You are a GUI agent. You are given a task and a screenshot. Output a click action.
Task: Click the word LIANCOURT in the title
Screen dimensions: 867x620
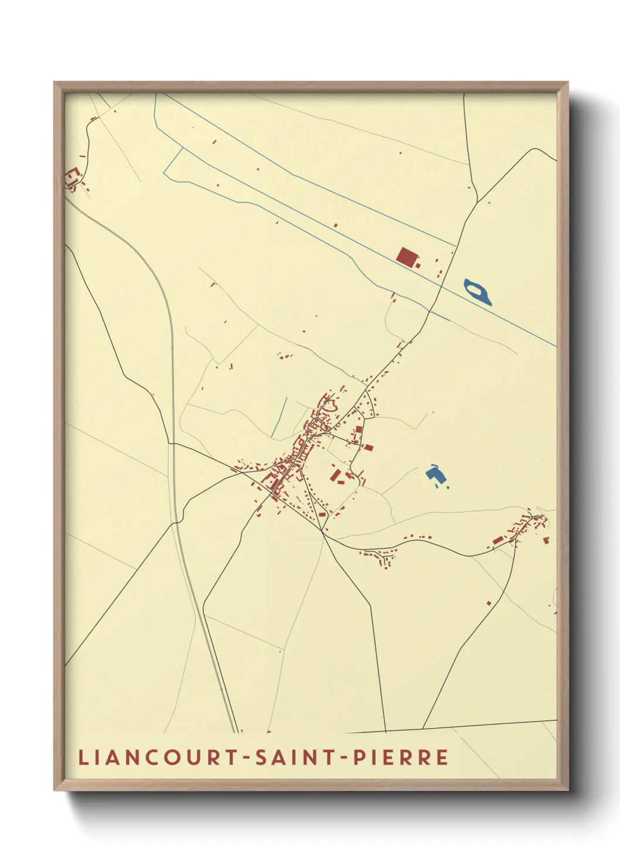point(156,757)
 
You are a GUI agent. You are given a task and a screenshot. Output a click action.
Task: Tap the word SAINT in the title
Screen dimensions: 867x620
point(294,757)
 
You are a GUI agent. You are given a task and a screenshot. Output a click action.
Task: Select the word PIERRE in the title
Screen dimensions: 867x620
point(401,757)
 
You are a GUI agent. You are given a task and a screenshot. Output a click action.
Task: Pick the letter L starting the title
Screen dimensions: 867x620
point(83,757)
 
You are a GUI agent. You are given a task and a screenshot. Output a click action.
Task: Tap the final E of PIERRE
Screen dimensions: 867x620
point(442,757)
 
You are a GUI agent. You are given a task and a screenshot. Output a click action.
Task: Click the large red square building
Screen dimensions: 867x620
point(406,257)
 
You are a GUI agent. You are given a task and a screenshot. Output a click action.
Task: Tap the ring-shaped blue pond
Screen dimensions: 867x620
point(478,292)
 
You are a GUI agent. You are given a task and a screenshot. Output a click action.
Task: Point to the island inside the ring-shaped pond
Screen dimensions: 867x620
point(477,290)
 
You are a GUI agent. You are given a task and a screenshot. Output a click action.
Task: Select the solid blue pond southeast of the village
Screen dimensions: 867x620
point(434,474)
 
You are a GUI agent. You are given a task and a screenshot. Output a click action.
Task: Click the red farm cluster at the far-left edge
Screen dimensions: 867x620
point(72,177)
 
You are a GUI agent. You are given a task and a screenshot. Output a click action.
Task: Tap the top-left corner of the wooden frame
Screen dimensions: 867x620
point(54,83)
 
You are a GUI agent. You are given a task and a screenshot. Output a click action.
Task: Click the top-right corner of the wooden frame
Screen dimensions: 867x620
point(567,83)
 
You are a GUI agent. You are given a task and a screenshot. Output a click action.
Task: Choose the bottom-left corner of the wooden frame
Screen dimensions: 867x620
point(54,790)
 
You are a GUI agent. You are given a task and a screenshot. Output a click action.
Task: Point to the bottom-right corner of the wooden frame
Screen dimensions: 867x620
point(567,790)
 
